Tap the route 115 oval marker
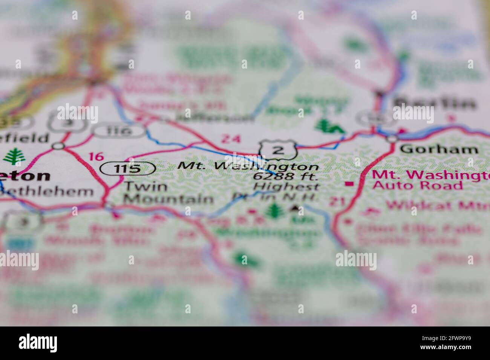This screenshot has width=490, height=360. [x=128, y=168]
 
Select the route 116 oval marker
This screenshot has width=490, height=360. [x=119, y=131]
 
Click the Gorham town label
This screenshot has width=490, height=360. [x=439, y=149]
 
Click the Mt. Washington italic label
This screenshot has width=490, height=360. [x=248, y=166]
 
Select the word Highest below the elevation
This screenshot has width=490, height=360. [x=286, y=186]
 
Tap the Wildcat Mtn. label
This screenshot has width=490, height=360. [x=437, y=205]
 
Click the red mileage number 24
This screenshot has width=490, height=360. [x=230, y=139]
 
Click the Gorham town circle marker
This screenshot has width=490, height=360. [x=392, y=139]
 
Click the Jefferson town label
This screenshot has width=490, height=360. [x=215, y=118]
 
